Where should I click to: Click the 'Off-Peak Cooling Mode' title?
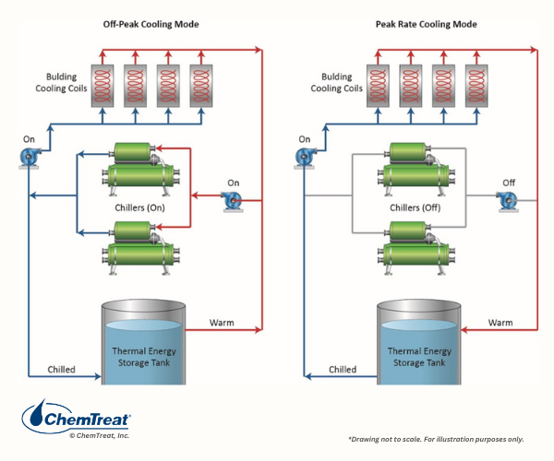pos(151,24)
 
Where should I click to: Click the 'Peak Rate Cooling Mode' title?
pos(426,24)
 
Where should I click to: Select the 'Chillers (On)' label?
pos(140,207)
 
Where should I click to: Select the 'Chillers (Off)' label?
pos(415,207)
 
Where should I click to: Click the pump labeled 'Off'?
pos(507,201)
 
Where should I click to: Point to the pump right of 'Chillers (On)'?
pos(233,201)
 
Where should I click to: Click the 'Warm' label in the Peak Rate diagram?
pos(500,323)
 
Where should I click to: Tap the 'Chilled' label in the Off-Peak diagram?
pos(62,370)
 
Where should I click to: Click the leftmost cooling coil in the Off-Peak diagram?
pos(102,86)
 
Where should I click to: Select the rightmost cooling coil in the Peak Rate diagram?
pos(476,86)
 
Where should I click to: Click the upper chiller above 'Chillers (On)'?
pos(141,169)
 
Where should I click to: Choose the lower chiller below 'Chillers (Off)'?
pos(416,248)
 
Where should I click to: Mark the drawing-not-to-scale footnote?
pos(436,439)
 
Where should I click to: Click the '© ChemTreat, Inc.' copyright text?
pos(100,435)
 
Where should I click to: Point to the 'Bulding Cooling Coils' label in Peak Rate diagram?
pos(336,83)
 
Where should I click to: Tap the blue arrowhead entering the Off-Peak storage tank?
pos(99,377)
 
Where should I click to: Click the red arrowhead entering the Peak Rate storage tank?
pos(464,330)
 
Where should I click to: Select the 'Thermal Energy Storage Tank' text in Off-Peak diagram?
pos(144,357)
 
